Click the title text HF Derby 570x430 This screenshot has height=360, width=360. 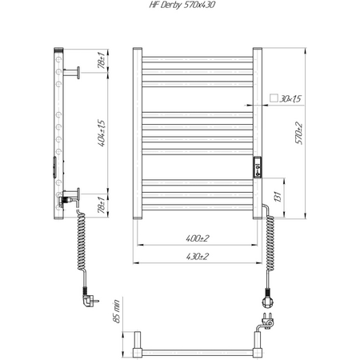(x=182, y=5)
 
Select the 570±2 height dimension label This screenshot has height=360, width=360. (x=299, y=134)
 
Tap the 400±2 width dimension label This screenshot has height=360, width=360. (x=198, y=238)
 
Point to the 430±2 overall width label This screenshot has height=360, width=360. (x=198, y=257)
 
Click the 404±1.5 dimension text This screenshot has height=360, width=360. (x=102, y=134)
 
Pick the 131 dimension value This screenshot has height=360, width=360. (x=278, y=197)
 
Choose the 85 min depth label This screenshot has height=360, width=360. (x=117, y=311)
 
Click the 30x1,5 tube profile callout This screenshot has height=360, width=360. (x=290, y=98)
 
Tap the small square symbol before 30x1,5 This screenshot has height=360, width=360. (x=274, y=98)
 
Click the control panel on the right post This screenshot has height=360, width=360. (x=258, y=167)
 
